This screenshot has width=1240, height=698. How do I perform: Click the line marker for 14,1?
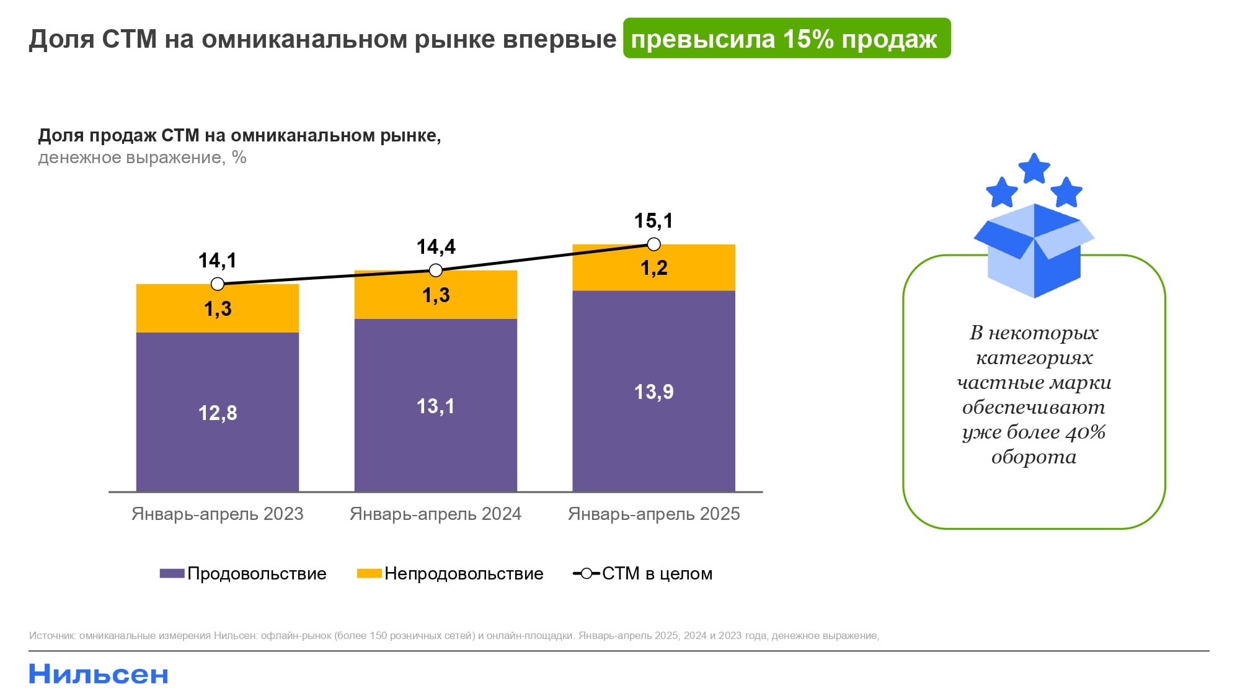point(217,284)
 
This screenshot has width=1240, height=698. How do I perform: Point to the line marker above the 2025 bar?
point(653,244)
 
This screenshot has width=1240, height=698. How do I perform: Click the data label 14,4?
point(436,247)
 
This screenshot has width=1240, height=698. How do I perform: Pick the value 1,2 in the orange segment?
point(653,268)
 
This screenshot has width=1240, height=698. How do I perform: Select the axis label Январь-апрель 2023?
point(217,514)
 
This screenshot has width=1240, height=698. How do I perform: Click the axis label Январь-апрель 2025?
point(653,514)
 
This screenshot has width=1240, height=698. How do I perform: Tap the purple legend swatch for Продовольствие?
point(172,574)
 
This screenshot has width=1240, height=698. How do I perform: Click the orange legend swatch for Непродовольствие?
point(369,574)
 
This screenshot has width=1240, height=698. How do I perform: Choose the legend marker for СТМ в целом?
point(586,574)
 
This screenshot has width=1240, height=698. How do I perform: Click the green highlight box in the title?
point(786,38)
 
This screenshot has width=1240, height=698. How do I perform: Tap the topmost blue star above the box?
point(1034,169)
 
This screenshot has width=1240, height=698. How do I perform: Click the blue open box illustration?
point(1034,251)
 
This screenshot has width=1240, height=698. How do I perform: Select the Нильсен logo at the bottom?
point(99,674)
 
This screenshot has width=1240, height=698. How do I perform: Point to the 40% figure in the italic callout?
point(1085,432)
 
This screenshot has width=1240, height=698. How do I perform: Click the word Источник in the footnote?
point(52,636)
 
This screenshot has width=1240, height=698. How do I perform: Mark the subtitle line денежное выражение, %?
point(142,158)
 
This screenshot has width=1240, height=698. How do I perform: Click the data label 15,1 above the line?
point(653,221)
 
